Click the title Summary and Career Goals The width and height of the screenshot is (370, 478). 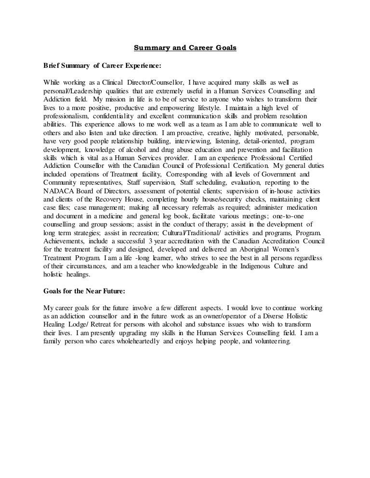click(185, 48)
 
